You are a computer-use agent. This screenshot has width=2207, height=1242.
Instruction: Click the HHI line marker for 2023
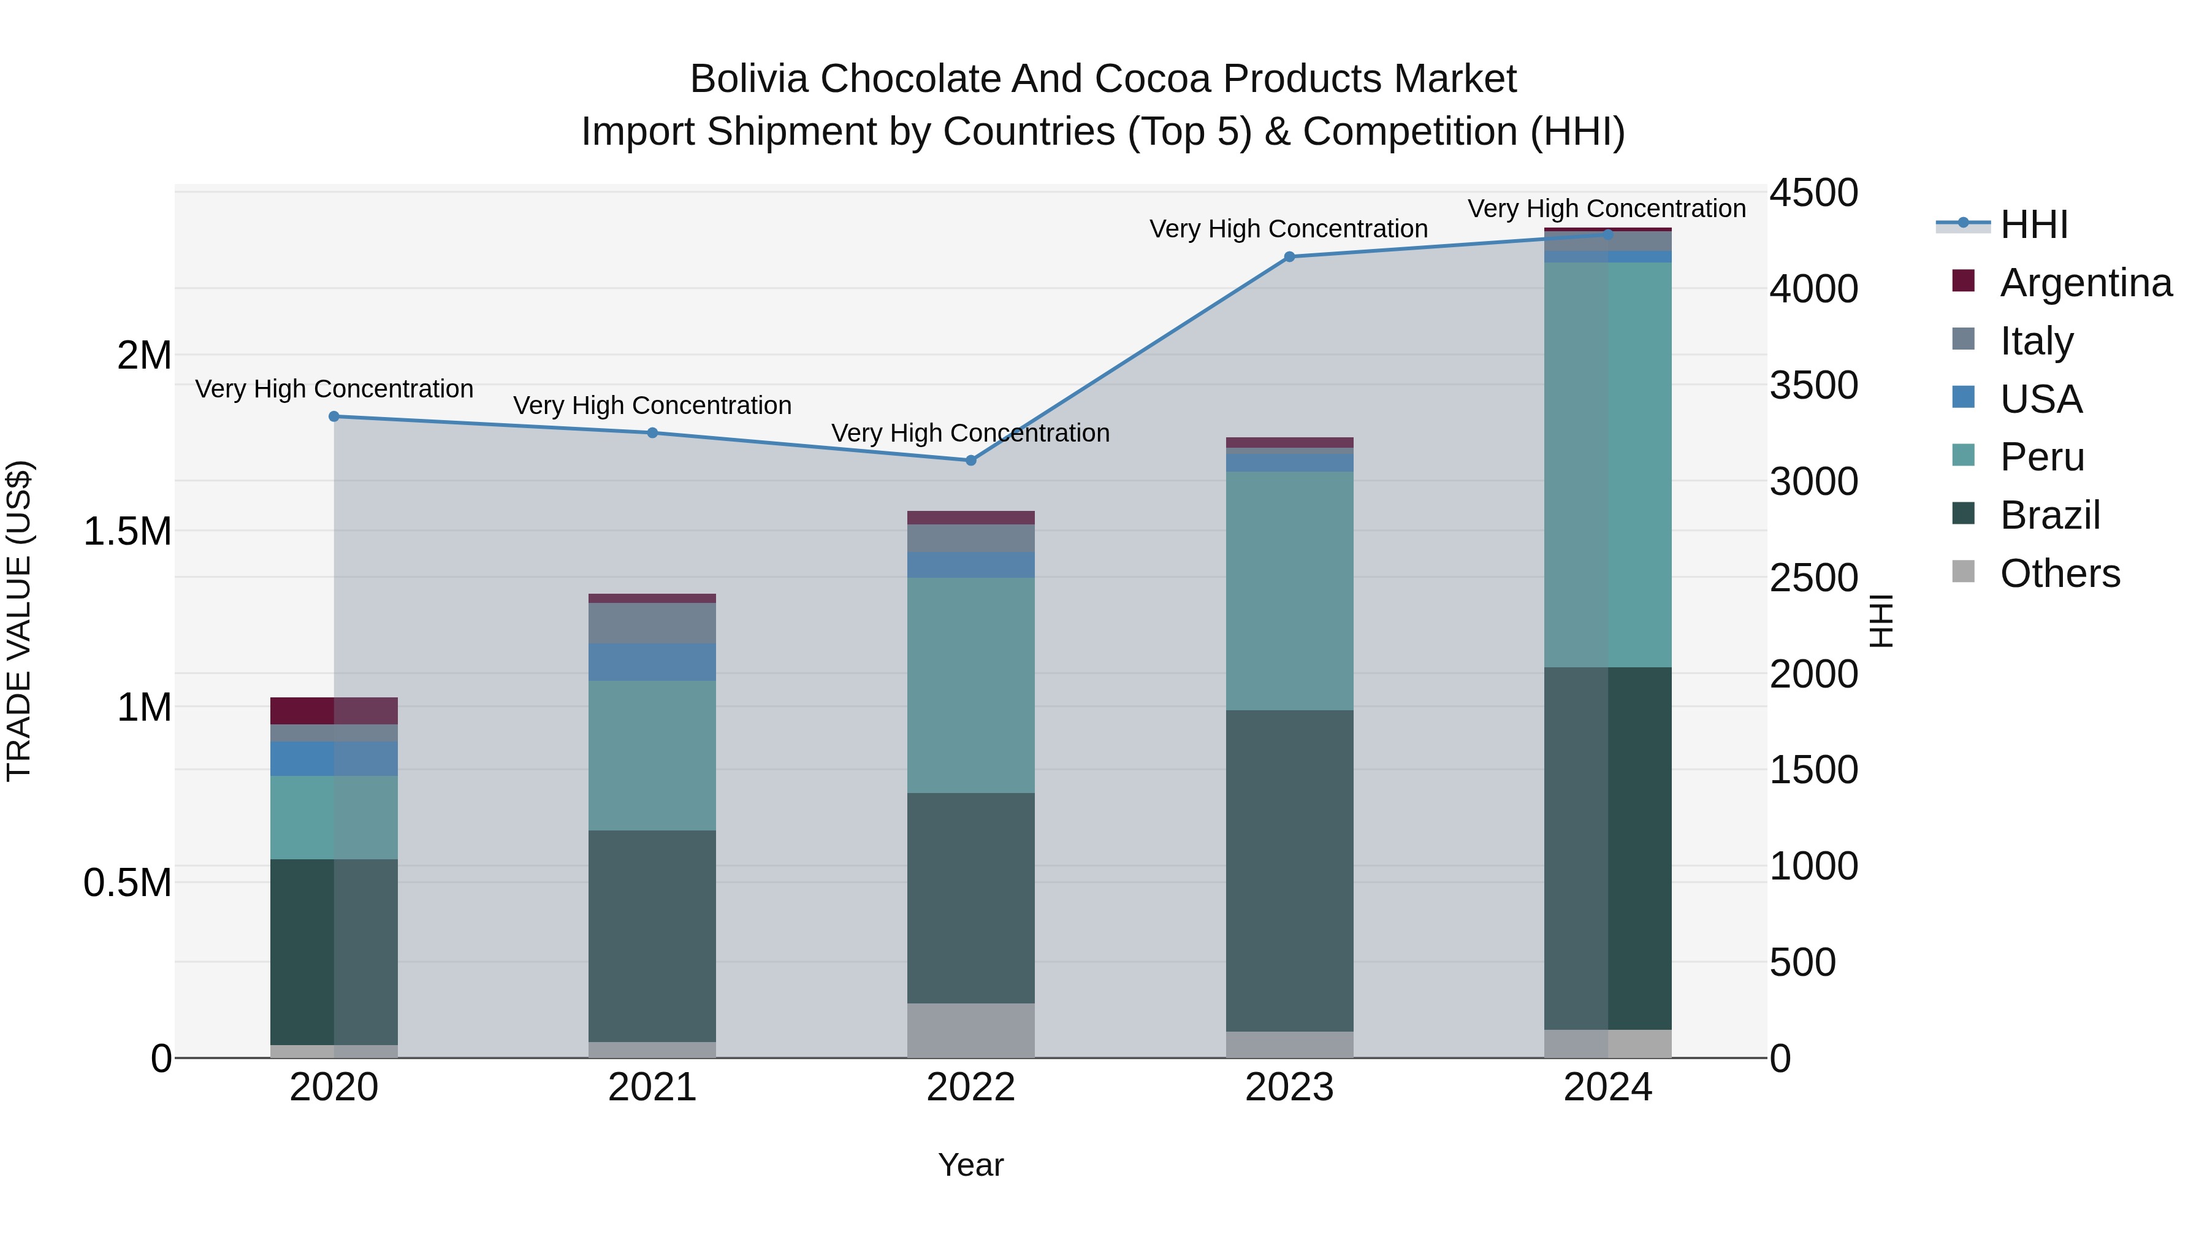pyautogui.click(x=1289, y=256)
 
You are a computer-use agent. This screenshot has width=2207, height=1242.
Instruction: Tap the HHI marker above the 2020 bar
pyautogui.click(x=334, y=416)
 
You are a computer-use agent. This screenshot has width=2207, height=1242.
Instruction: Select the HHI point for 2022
pyautogui.click(x=970, y=460)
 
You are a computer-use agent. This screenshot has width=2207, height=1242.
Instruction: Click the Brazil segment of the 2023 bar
pyautogui.click(x=1289, y=870)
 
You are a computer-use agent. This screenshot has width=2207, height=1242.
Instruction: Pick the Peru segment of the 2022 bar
pyautogui.click(x=970, y=685)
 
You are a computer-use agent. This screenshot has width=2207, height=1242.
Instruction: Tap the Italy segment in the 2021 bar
pyautogui.click(x=652, y=623)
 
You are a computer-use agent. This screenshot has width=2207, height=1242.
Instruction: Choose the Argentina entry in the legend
pyautogui.click(x=2086, y=283)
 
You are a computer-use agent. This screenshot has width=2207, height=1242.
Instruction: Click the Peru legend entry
pyautogui.click(x=2041, y=457)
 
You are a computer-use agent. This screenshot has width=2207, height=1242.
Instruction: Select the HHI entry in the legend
pyautogui.click(x=2033, y=224)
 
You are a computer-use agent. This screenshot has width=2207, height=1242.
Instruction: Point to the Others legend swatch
pyautogui.click(x=1963, y=572)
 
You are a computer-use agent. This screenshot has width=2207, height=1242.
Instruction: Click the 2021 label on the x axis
pyautogui.click(x=652, y=1087)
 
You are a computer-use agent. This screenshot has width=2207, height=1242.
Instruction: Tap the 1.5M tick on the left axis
pyautogui.click(x=127, y=531)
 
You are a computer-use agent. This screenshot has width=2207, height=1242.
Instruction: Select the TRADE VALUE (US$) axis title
pyautogui.click(x=19, y=621)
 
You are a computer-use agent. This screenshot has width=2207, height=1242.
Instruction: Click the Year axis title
pyautogui.click(x=970, y=1165)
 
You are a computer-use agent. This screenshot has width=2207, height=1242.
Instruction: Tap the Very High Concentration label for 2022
pyautogui.click(x=970, y=433)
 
